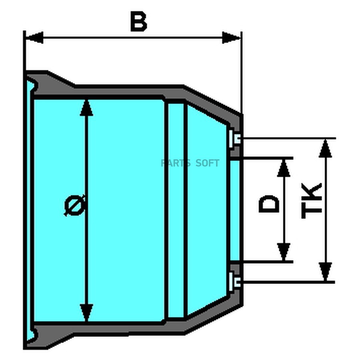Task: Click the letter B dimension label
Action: click(138, 22)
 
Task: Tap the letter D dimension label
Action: click(269, 204)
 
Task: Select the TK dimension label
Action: click(312, 201)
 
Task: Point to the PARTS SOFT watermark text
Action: click(190, 163)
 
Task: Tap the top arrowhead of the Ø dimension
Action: click(86, 108)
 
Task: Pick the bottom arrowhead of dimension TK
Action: click(326, 272)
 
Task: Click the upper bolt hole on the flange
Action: click(236, 138)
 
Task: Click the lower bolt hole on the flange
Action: click(236, 282)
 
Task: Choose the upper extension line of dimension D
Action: click(264, 158)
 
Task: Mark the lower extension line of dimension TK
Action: click(288, 282)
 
